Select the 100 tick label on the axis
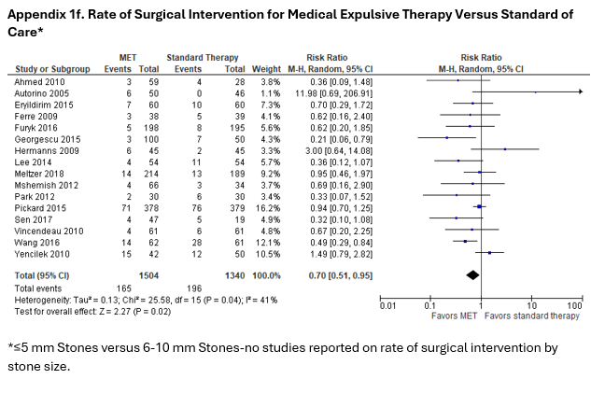pos(573,305)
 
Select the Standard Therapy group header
pos(198,58)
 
